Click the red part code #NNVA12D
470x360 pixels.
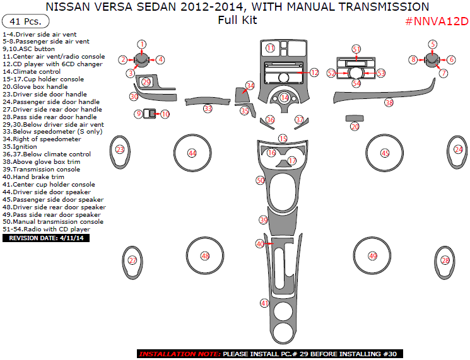[437, 21]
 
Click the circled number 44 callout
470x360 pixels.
[192, 153]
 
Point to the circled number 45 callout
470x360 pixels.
[385, 153]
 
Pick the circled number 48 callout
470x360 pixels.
[204, 256]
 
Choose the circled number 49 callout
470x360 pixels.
[372, 256]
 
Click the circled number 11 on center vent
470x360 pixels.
[270, 48]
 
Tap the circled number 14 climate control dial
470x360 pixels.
[285, 98]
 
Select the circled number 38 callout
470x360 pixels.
[389, 102]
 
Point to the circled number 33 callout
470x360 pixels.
[208, 108]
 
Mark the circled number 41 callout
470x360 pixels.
[265, 303]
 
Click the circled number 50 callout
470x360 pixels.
[260, 180]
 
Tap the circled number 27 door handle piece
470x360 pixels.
[132, 260]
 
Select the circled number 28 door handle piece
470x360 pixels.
[445, 260]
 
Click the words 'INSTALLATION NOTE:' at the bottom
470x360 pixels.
[179, 354]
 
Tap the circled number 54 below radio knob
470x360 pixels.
[356, 83]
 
